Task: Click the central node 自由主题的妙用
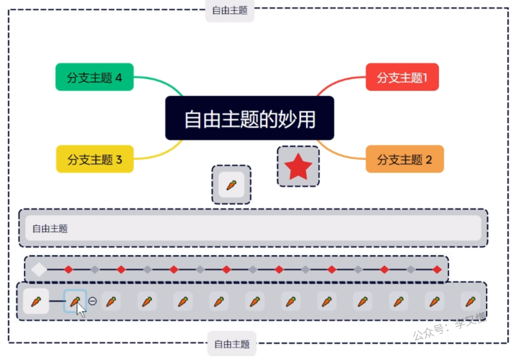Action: point(249,118)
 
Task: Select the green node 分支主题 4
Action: point(94,77)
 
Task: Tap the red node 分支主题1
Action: point(402,77)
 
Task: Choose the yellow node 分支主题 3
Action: point(94,159)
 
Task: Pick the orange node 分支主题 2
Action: point(404,159)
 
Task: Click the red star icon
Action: point(298,167)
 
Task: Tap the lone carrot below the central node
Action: point(231,185)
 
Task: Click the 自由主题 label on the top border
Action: point(230,10)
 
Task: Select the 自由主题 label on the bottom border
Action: point(232,344)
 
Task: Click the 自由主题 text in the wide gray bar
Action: point(50,228)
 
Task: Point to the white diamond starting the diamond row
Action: point(38,269)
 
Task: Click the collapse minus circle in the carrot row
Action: point(93,301)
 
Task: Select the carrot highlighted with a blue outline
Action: point(75,301)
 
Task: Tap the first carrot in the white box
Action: point(36,301)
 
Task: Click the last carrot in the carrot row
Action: point(470,301)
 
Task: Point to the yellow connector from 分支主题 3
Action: point(159,154)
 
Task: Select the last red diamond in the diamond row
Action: point(437,269)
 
